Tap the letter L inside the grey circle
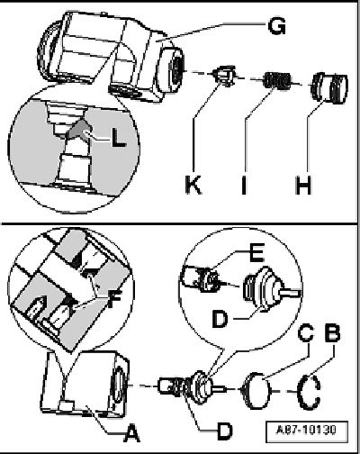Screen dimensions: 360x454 119,138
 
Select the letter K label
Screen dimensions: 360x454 193,185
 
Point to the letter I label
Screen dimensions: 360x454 244,185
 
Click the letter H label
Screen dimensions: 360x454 303,185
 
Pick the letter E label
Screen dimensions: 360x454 256,252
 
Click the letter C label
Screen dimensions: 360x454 306,332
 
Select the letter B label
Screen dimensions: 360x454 332,332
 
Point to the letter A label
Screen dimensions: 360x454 131,433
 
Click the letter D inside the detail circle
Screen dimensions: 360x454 220,319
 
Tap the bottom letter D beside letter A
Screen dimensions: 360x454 225,431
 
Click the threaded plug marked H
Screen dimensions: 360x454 329,87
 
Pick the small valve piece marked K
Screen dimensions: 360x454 223,76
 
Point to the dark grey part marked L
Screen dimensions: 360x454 78,129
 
